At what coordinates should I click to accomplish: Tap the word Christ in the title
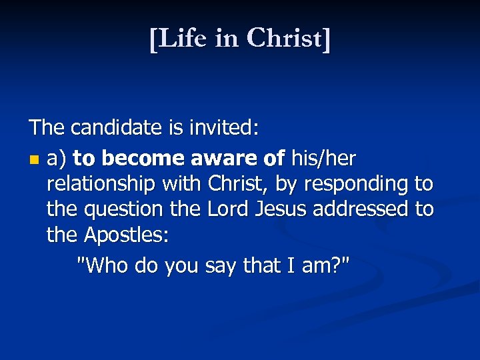tap(285, 39)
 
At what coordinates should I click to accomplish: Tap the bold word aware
tap(222, 159)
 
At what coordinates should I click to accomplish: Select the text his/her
tap(323, 159)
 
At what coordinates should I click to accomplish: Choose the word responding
tap(353, 183)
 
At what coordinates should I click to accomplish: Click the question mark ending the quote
tap(336, 265)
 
